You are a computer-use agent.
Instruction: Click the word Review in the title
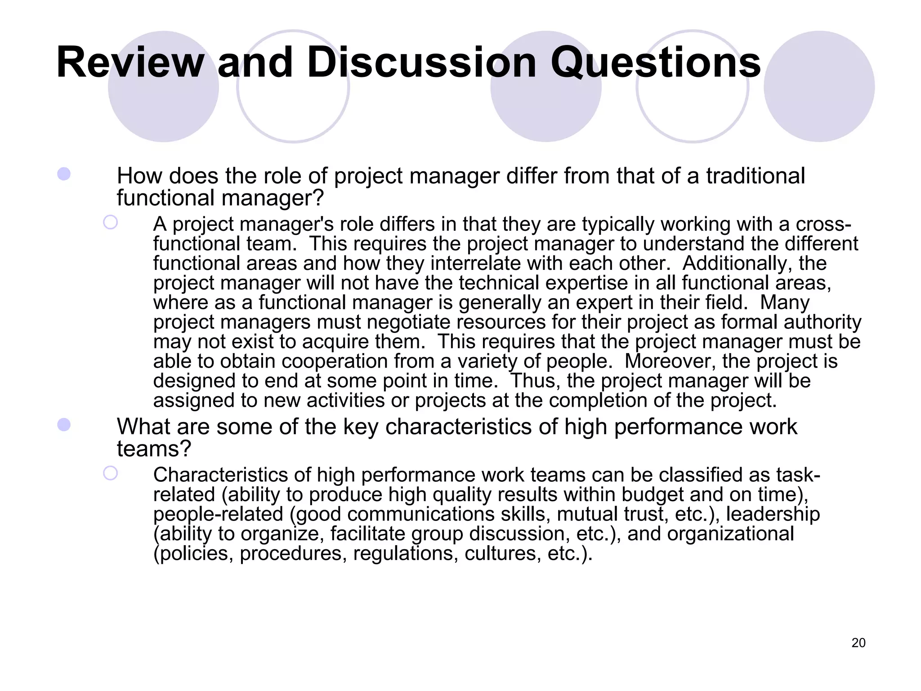[x=130, y=63]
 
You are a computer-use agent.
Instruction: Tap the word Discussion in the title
[x=422, y=63]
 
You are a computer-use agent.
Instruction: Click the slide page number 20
[x=858, y=643]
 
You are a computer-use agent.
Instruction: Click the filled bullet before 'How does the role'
[x=64, y=174]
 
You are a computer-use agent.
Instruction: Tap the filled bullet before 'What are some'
[x=64, y=425]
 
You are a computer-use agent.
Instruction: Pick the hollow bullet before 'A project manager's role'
[x=110, y=222]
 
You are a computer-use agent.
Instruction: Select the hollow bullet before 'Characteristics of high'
[x=110, y=473]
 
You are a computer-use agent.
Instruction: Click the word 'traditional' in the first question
[x=756, y=176]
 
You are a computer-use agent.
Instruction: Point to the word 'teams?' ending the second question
[x=154, y=449]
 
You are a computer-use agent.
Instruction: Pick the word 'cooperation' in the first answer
[x=334, y=361]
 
